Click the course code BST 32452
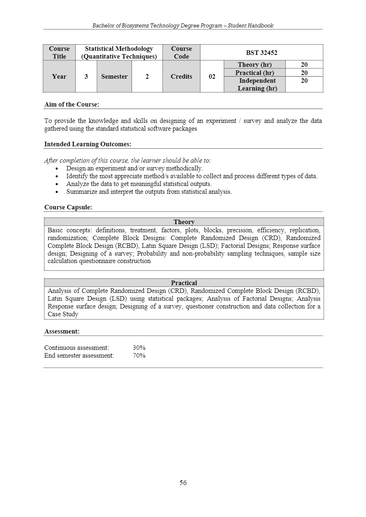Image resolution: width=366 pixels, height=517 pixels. tap(261, 52)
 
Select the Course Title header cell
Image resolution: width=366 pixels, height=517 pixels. tap(59, 52)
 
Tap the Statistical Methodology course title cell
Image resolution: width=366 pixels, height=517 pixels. tap(119, 52)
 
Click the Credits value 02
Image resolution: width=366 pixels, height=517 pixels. tap(212, 77)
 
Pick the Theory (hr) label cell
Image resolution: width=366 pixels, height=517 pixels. tap(255, 65)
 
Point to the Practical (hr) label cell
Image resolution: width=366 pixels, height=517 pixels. tap(255, 73)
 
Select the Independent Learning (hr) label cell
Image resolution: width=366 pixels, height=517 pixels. tap(257, 84)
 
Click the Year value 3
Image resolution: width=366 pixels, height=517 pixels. tap(86, 77)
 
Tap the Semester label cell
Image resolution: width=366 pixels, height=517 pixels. tap(114, 77)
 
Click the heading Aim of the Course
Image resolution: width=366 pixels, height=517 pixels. tap(72, 104)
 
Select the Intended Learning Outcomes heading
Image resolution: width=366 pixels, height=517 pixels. tap(88, 144)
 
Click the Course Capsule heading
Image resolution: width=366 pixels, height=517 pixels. tap(68, 207)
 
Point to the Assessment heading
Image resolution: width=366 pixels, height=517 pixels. tap(62, 331)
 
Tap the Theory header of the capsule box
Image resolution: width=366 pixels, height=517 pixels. tap(184, 222)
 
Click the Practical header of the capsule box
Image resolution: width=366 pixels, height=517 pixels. tap(184, 283)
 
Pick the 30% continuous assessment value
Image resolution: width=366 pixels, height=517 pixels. tap(139, 348)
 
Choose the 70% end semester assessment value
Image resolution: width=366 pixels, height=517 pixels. tap(139, 356)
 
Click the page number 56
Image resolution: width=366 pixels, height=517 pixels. tap(183, 483)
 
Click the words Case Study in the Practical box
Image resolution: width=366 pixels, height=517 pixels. tap(63, 314)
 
